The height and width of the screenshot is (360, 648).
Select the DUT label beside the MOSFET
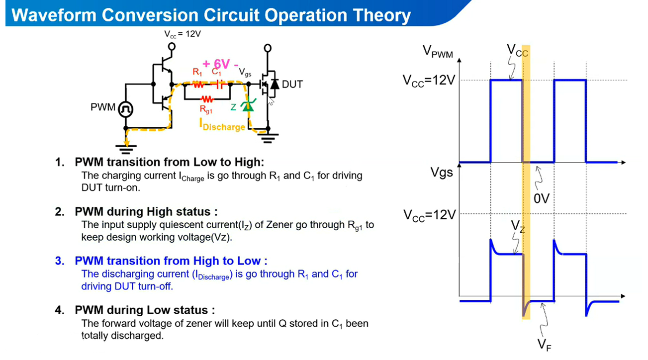(x=292, y=84)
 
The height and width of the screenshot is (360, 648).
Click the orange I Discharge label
(x=222, y=126)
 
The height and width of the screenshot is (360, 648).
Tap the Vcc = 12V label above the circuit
(x=183, y=34)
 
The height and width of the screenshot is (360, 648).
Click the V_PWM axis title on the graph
(x=438, y=51)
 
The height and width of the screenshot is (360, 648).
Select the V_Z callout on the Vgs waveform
(x=517, y=226)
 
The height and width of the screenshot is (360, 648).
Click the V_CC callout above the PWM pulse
(x=517, y=51)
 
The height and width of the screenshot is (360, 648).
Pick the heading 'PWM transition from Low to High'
(x=169, y=162)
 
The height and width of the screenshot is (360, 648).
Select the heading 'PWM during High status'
(x=146, y=212)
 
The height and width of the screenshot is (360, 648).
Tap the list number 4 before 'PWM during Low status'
(x=59, y=310)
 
